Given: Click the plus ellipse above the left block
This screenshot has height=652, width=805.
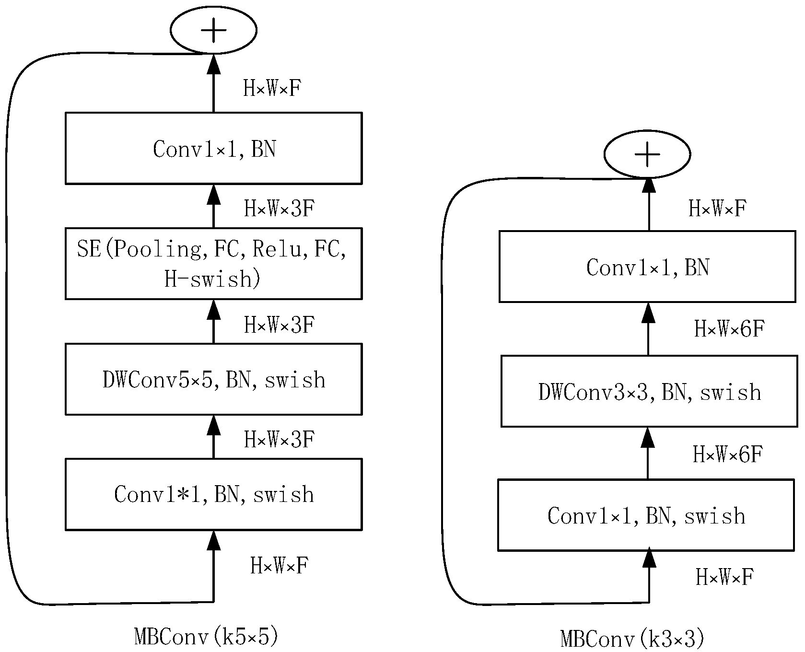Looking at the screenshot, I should point(213,30).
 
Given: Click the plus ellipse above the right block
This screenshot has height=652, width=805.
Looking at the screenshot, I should point(647,154).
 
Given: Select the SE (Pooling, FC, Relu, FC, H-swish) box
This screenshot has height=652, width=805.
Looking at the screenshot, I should point(213,263).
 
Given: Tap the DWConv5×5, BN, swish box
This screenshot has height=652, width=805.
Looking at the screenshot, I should point(213,379).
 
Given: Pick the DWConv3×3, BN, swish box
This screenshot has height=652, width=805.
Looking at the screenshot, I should point(649,391).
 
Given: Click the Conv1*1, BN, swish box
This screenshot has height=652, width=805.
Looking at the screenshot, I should point(213,494).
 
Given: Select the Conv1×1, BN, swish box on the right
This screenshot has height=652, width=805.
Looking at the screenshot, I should point(646,515).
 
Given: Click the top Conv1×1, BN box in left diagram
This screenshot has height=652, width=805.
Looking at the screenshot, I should point(213,148).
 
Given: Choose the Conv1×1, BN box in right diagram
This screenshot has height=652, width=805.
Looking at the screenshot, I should point(647,267).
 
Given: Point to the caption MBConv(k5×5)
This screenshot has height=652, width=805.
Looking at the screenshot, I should point(206,637).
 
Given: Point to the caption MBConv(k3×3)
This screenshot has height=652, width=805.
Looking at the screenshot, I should point(632,639).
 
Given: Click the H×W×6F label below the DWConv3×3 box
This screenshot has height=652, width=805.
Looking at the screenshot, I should point(727,454).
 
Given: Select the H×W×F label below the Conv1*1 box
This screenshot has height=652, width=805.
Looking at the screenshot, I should point(279,565).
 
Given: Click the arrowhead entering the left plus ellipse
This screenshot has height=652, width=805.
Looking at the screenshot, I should point(213,63).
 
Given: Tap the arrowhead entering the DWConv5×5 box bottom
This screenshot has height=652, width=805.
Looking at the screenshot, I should point(213,425).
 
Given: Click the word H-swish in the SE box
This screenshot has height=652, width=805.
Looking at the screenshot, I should point(207,279).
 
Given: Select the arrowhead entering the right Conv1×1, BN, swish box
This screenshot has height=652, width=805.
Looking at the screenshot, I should point(649,559).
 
